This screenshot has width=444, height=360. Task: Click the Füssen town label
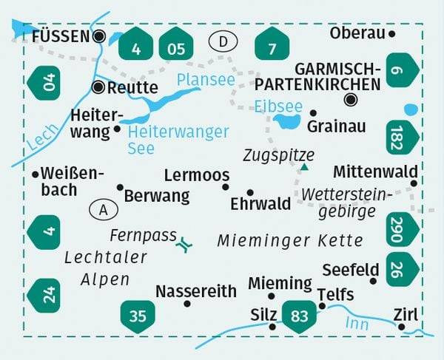(61, 35)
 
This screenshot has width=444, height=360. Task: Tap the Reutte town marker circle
(98, 87)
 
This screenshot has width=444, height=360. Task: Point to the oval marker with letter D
(223, 41)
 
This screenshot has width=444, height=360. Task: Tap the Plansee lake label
(206, 79)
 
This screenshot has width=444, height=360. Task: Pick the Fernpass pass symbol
(186, 242)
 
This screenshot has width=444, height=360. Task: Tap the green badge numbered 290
(403, 228)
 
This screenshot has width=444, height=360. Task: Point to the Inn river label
(357, 323)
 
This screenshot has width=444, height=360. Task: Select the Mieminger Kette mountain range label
(290, 241)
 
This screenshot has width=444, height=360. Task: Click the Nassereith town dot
(187, 303)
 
